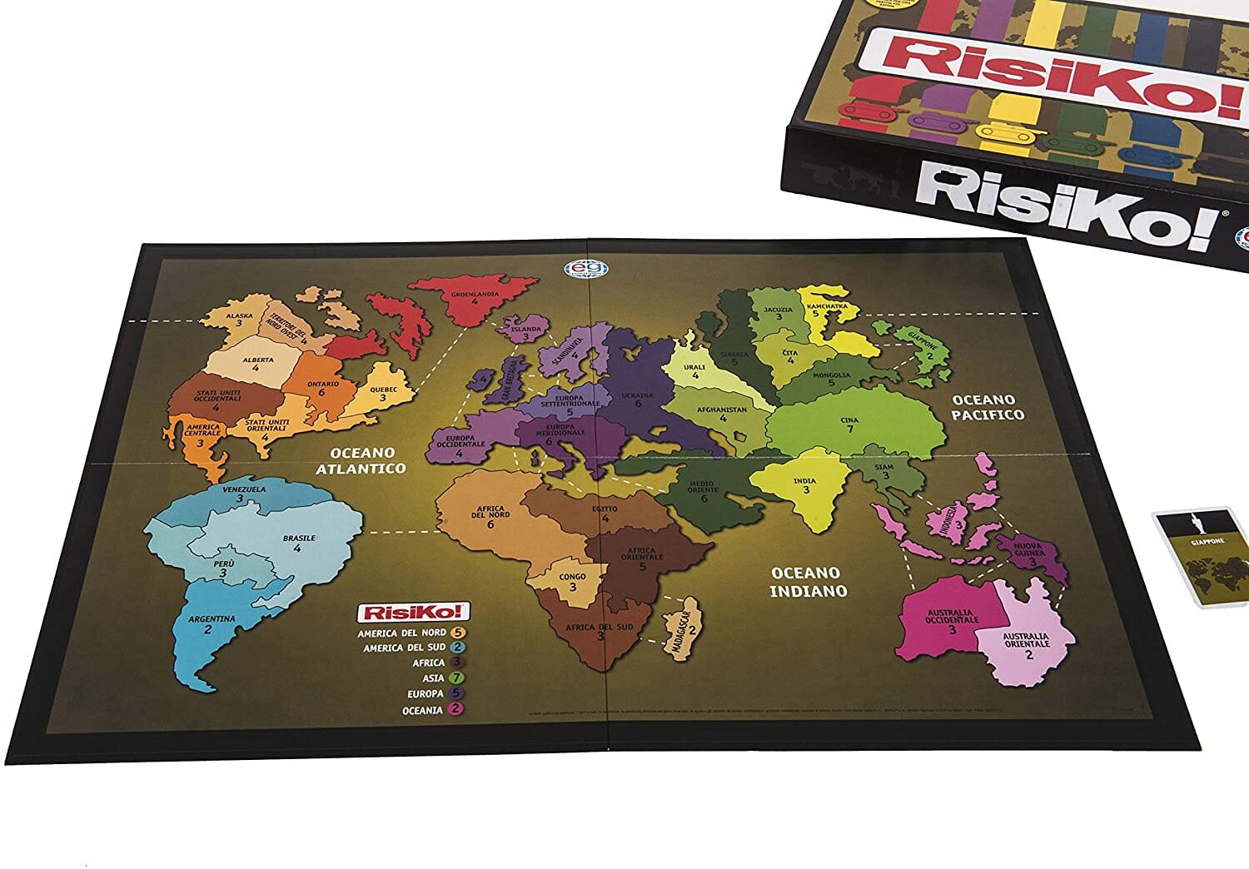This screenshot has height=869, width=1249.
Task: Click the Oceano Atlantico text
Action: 361,460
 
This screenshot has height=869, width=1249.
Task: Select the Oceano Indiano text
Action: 808,582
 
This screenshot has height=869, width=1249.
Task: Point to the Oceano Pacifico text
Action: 988,407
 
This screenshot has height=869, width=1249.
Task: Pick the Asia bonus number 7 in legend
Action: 455,678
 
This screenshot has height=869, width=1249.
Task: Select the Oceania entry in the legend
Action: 422,710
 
